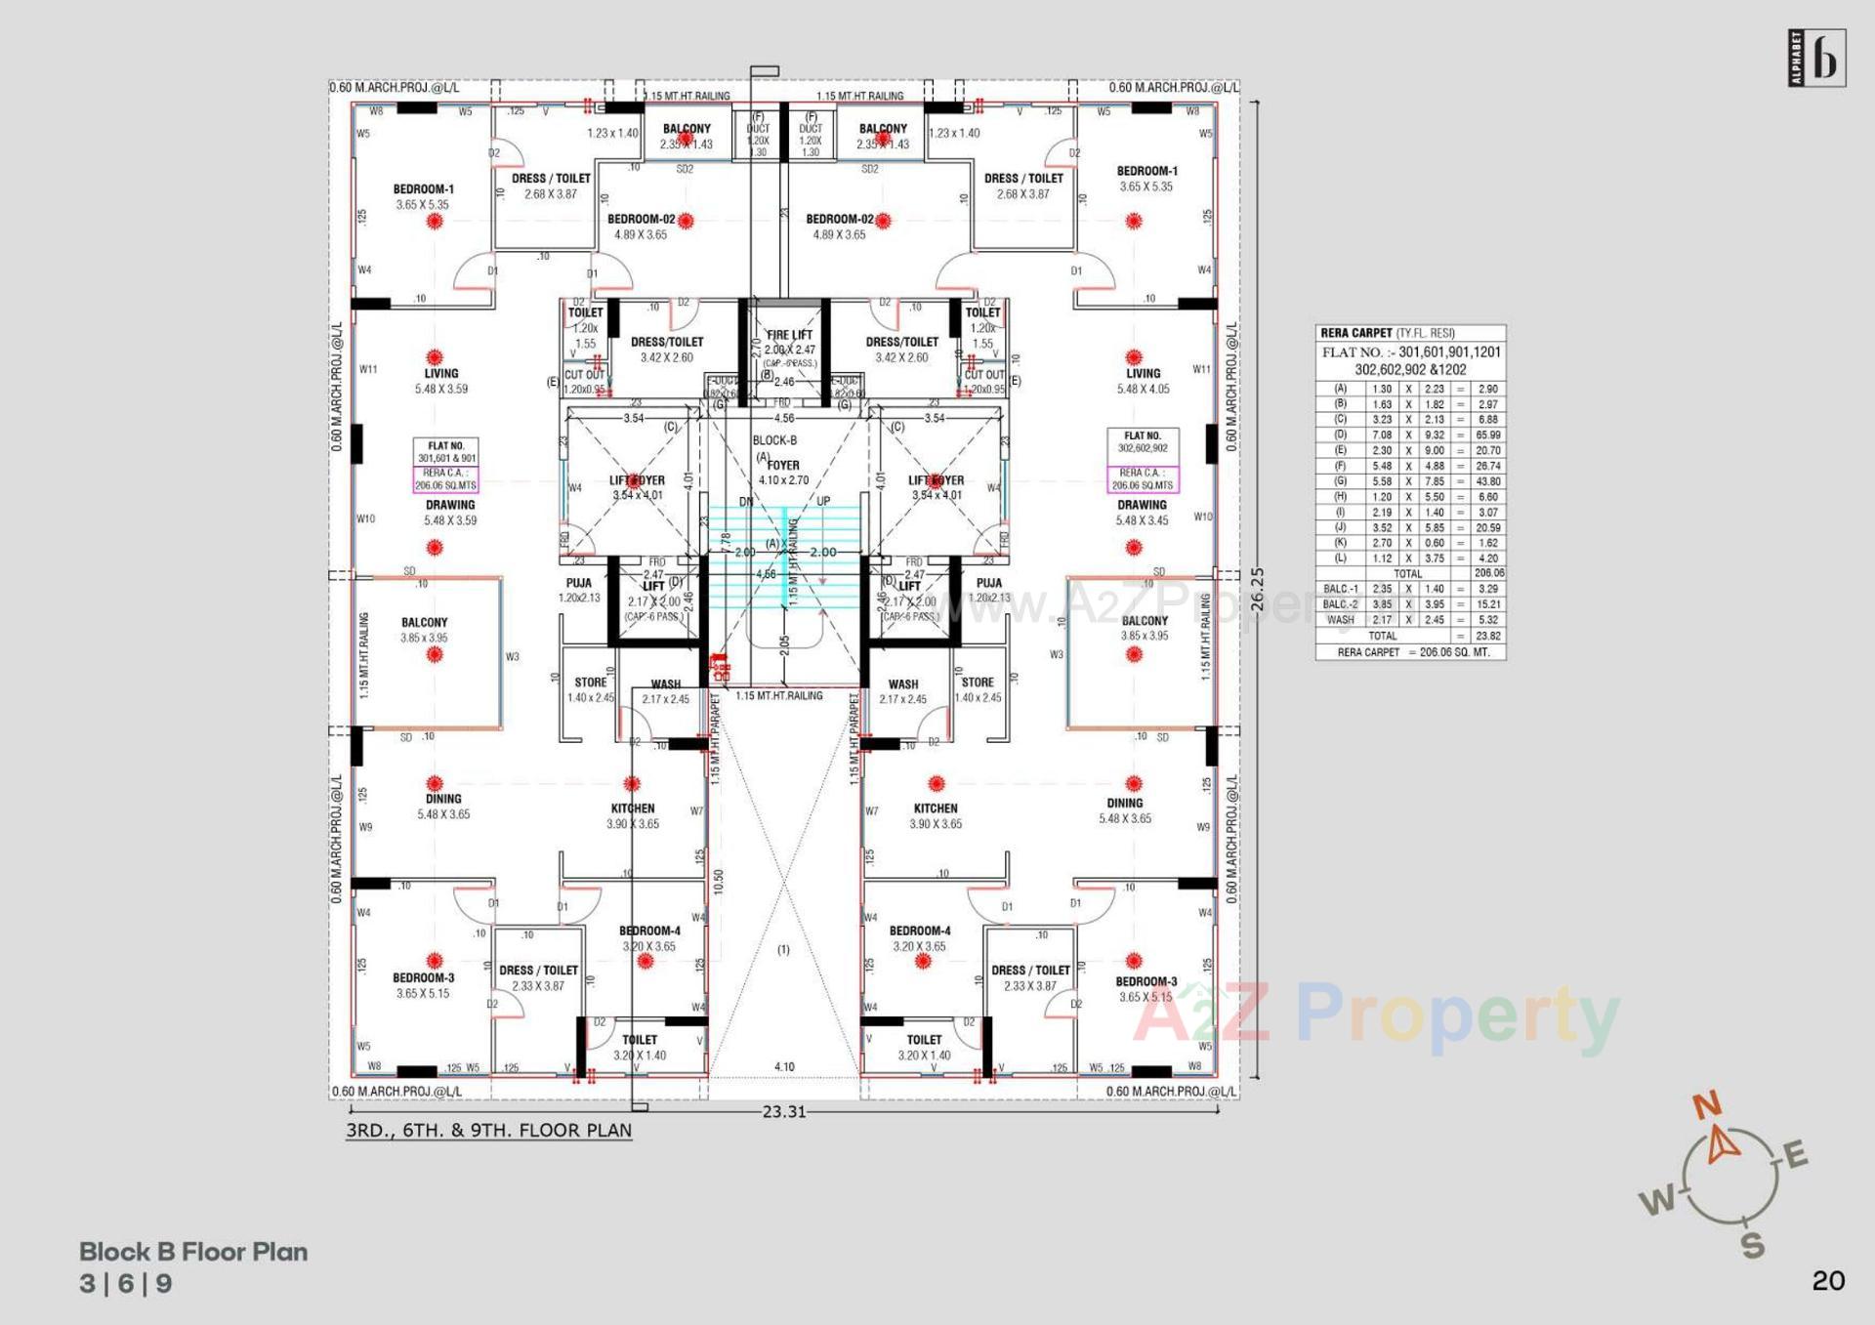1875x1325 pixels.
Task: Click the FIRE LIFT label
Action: click(789, 335)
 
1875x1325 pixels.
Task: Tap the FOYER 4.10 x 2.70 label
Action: click(783, 473)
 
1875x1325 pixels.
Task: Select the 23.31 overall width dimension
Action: click(784, 1111)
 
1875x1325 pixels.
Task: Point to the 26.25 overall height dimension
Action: click(1257, 590)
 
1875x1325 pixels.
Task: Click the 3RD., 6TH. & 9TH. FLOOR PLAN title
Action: click(488, 1131)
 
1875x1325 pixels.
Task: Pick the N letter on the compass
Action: click(1707, 1106)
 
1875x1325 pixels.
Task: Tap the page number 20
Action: click(1828, 1280)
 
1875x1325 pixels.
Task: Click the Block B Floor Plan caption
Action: click(193, 1252)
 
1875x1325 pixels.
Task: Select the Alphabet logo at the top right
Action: click(1816, 59)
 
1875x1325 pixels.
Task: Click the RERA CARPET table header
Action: click(1356, 333)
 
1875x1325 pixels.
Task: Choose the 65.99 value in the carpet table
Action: click(1488, 435)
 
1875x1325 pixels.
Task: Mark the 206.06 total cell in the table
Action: click(1489, 573)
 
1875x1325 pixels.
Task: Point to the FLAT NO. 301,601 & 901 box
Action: click(446, 452)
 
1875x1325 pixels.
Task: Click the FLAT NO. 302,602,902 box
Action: click(1143, 442)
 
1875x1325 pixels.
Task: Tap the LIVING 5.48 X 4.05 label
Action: click(1143, 381)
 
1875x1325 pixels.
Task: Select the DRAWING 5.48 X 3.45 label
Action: click(1142, 513)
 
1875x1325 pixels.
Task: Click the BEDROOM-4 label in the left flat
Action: click(649, 932)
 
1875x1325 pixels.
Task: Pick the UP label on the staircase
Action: click(823, 501)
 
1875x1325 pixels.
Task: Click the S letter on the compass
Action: click(1753, 1246)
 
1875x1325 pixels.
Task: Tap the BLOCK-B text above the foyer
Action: click(774, 440)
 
